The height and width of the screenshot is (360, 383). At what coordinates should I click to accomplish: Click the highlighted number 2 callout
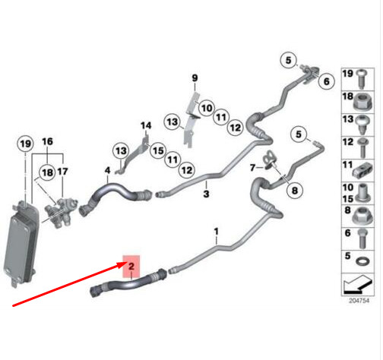(x=131, y=267)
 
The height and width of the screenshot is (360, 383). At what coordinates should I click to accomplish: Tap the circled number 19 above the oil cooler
(x=25, y=144)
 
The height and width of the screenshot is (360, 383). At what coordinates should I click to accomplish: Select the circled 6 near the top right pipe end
(x=327, y=81)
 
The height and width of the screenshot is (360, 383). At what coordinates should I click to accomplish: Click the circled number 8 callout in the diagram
(x=295, y=190)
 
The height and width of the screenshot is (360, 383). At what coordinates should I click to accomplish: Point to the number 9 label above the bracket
(x=195, y=77)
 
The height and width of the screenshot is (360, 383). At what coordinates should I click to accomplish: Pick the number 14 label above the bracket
(x=146, y=125)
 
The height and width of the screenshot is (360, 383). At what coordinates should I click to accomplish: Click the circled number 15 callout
(x=158, y=150)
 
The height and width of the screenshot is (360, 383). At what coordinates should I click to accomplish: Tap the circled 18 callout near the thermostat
(x=47, y=172)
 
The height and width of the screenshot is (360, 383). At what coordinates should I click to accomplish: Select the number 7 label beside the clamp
(x=252, y=168)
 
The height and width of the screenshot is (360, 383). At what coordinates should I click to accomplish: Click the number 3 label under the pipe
(x=206, y=194)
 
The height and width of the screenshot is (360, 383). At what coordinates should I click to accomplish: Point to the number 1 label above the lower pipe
(x=216, y=232)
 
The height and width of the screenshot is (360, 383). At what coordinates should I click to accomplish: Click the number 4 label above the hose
(x=108, y=170)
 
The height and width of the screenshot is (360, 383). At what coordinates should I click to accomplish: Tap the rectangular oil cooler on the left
(x=21, y=243)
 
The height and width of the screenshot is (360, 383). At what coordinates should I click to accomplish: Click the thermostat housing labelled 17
(x=61, y=213)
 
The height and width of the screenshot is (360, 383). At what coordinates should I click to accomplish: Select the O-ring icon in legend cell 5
(x=362, y=261)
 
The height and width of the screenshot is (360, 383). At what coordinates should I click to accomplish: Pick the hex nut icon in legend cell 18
(x=362, y=102)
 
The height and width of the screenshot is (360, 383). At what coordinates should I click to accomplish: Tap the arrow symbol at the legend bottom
(x=358, y=285)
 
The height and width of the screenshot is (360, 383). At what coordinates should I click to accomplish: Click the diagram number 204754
(x=359, y=301)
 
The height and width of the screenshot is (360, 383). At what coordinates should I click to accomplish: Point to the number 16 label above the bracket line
(x=47, y=141)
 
